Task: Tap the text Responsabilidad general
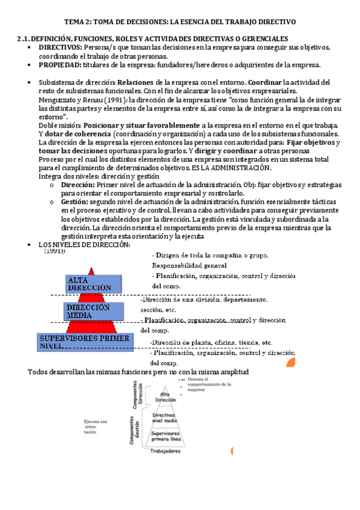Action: point(190,265)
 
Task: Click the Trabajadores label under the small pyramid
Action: point(165,449)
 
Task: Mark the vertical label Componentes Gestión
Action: point(133,430)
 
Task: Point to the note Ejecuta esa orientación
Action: point(95,427)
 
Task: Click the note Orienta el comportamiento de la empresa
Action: point(204,384)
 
